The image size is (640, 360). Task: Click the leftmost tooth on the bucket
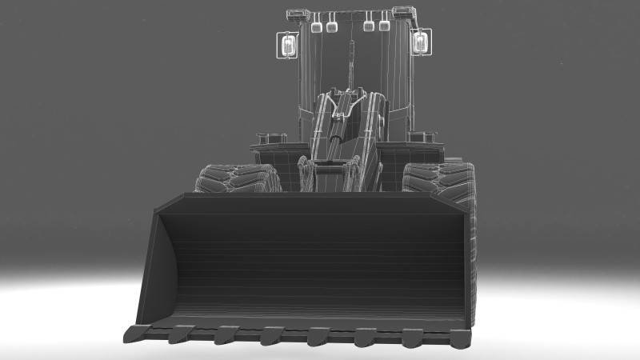pos(137,331)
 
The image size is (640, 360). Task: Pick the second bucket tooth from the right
pos(413,338)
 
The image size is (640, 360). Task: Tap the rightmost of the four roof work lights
pos(384,26)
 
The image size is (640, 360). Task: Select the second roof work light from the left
pos(331,27)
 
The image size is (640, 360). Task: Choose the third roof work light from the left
pos(368,26)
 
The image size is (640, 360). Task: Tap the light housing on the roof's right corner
pos(403,12)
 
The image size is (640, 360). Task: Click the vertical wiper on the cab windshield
pos(350,64)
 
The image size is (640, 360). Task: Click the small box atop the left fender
pos(271,138)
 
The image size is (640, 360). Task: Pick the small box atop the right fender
pos(424,137)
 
